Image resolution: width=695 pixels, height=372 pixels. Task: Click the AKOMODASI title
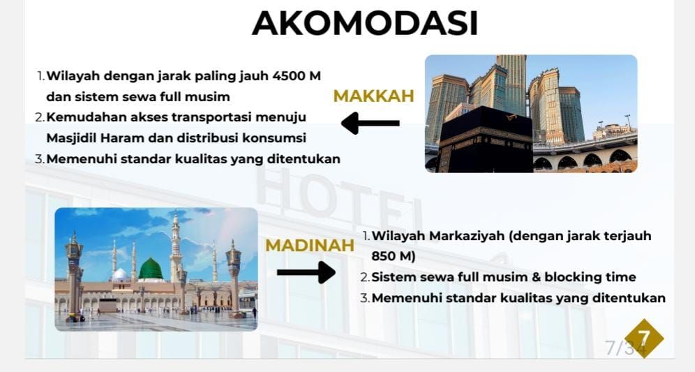(x=365, y=23)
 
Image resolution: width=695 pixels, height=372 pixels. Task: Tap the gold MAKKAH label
(x=373, y=96)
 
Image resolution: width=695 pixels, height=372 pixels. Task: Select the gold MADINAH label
(x=310, y=245)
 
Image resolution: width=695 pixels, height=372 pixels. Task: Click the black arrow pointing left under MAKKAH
(x=371, y=124)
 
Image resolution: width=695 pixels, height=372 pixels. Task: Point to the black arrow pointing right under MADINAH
(x=306, y=272)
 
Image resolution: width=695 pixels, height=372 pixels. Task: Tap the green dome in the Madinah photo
(x=151, y=269)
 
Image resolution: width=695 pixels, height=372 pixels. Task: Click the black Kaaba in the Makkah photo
(x=486, y=140)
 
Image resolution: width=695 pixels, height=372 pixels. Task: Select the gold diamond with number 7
(x=644, y=338)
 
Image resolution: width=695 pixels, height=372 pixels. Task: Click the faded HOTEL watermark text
(x=339, y=198)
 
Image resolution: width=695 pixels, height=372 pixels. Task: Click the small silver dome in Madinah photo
(x=119, y=275)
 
